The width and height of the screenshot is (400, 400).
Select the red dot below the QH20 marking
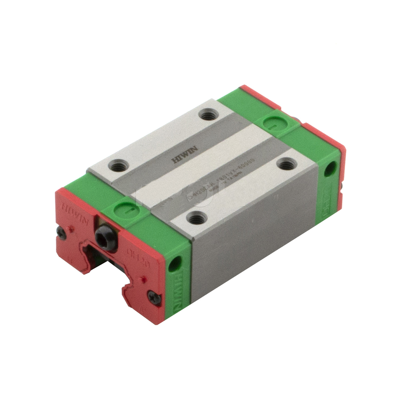pyautogui.click(x=144, y=279)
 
